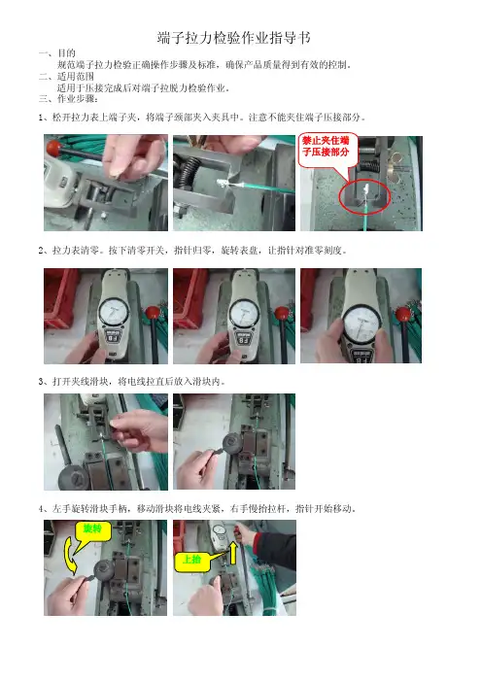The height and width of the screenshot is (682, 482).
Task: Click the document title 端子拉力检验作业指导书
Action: [x=233, y=38]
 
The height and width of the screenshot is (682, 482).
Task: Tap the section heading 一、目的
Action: [x=57, y=53]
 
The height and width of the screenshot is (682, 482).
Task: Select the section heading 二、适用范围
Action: [x=66, y=76]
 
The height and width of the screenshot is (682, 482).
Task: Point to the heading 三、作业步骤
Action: [x=68, y=99]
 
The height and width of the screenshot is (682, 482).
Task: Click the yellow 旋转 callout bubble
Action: [x=92, y=529]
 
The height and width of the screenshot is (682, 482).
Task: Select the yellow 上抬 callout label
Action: [x=191, y=560]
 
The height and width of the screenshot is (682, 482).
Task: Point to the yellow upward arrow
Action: [x=233, y=553]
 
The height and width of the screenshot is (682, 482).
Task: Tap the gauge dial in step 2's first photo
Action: [x=113, y=311]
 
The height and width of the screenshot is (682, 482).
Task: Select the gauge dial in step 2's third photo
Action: [x=361, y=324]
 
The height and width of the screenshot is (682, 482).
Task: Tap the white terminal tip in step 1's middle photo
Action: [x=223, y=184]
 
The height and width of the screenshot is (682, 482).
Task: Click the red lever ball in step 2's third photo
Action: [x=403, y=314]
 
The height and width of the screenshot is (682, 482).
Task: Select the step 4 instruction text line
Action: [x=198, y=508]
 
